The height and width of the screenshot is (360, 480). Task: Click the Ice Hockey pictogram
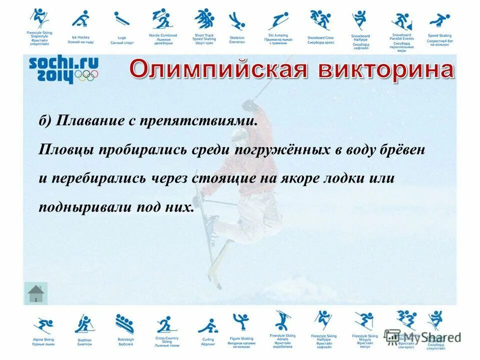[80, 19]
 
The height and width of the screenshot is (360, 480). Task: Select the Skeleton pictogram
[236, 21]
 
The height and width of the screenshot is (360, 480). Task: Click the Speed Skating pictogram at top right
[439, 21]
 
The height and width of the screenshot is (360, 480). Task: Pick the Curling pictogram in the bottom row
[207, 325]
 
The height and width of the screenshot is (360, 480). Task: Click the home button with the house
[35, 293]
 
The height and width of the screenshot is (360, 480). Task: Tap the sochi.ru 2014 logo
[63, 69]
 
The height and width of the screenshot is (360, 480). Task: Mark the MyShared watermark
[422, 336]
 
